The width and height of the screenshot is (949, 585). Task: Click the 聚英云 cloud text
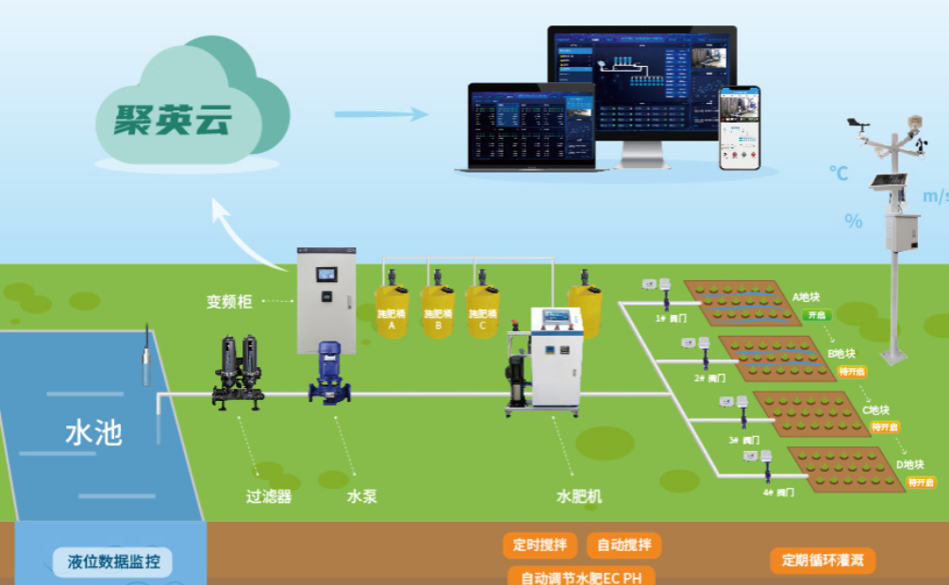[174, 119]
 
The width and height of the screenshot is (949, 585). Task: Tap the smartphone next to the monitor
[740, 128]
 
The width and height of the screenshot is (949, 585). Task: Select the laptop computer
[532, 127]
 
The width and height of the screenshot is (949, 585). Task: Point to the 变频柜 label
[229, 302]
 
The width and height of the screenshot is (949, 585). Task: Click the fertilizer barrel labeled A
[391, 311]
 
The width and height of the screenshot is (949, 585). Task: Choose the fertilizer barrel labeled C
[482, 311]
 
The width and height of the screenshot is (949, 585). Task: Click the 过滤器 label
[269, 496]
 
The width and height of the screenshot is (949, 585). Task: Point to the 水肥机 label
[578, 496]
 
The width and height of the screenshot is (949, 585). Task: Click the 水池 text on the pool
[93, 434]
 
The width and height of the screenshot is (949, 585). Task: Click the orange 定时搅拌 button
[541, 545]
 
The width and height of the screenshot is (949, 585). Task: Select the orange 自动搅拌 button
[624, 545]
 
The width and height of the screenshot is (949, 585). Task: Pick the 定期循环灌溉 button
[823, 560]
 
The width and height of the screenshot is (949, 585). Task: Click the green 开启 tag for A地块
[817, 315]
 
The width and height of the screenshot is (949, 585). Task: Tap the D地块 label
[910, 465]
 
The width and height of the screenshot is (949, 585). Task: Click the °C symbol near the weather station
[839, 173]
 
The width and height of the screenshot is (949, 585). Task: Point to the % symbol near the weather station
[854, 222]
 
